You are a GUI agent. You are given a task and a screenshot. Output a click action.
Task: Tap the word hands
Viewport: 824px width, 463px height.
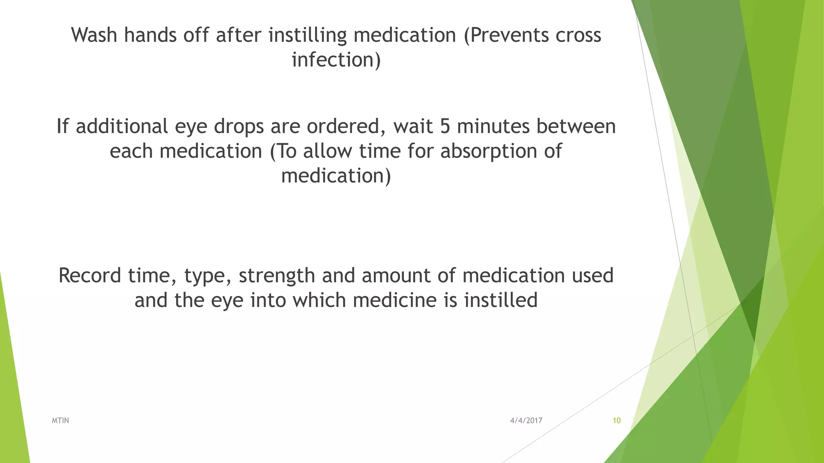pyautogui.click(x=150, y=35)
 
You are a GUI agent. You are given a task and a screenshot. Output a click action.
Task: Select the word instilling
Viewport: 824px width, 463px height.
pyautogui.click(x=307, y=35)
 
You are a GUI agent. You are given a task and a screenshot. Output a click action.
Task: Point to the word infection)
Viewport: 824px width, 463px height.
pyautogui.click(x=336, y=60)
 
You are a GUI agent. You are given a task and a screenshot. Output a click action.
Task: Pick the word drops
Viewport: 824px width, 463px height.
pyautogui.click(x=238, y=126)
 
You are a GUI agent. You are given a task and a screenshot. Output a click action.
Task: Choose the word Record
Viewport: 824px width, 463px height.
pyautogui.click(x=90, y=276)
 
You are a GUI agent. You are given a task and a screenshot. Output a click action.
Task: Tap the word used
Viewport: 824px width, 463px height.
pyautogui.click(x=593, y=276)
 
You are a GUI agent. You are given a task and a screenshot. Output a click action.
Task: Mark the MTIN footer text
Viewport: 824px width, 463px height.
pyautogui.click(x=60, y=421)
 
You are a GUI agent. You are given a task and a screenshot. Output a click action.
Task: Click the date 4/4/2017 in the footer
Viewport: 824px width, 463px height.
pyautogui.click(x=526, y=421)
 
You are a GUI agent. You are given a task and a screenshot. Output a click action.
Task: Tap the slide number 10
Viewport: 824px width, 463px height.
pyautogui.click(x=616, y=421)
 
